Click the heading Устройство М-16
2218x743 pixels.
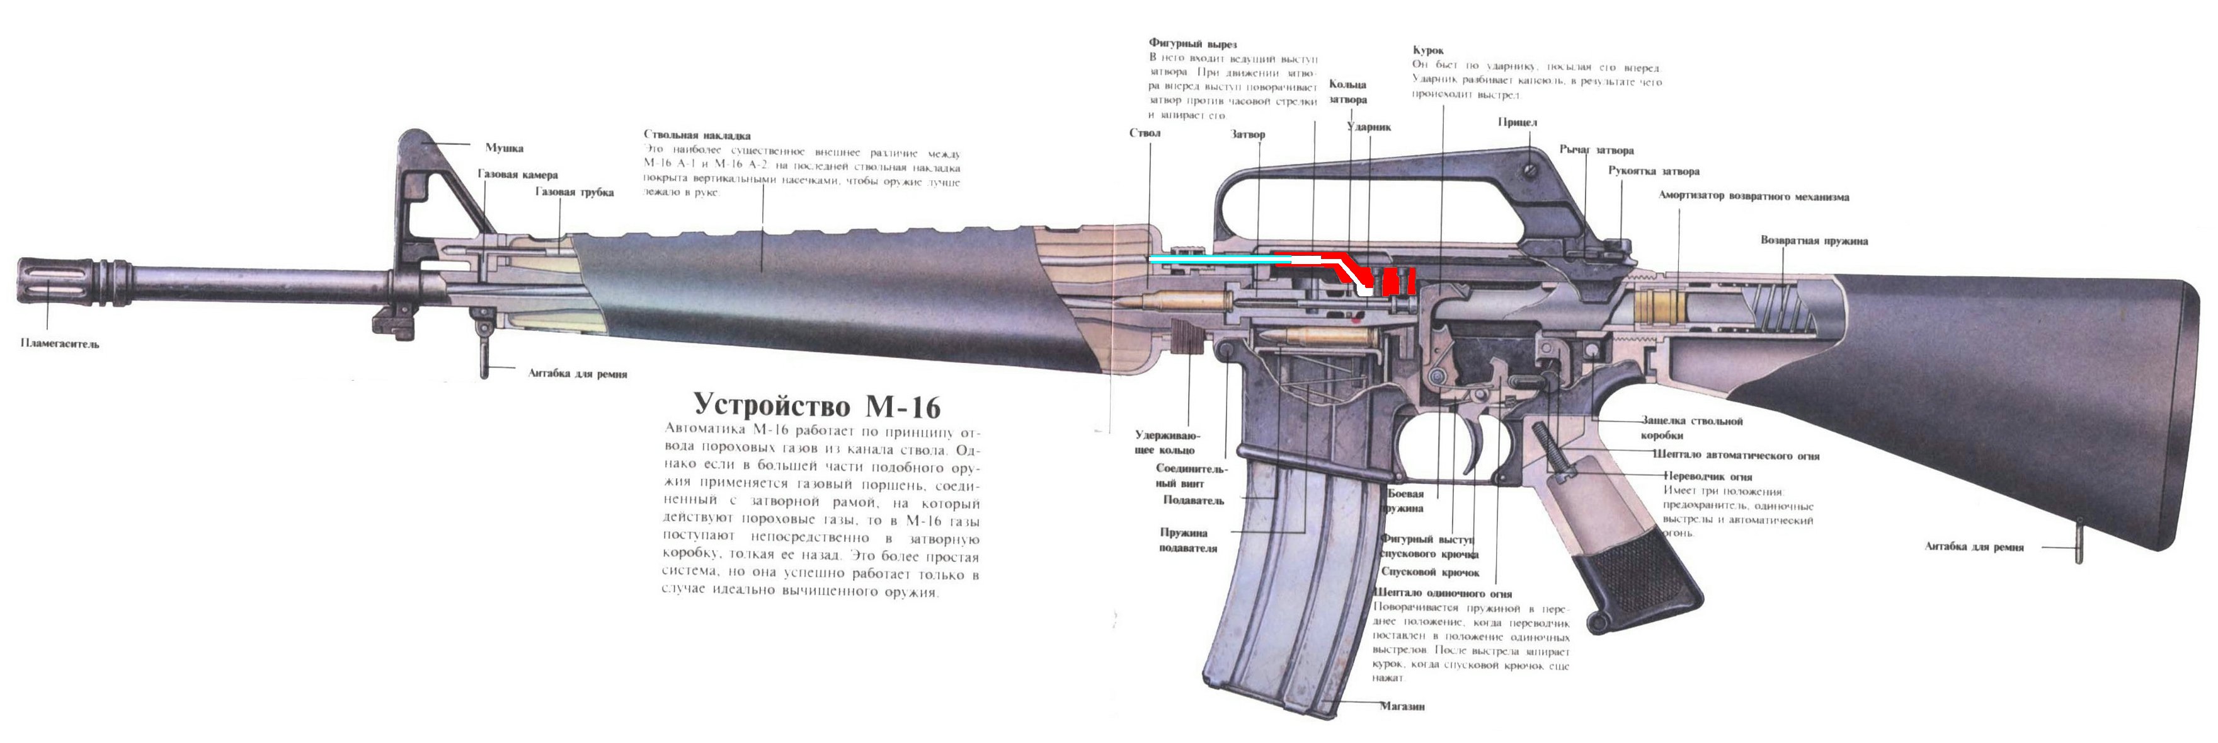[x=817, y=405]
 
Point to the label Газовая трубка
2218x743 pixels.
[x=575, y=192]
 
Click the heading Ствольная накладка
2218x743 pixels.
[x=697, y=135]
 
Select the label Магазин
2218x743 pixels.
[x=1402, y=706]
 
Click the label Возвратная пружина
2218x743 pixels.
[x=1814, y=241]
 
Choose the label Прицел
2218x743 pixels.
[x=1517, y=122]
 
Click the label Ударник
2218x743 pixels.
[x=1368, y=127]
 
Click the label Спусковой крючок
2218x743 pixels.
[x=1429, y=572]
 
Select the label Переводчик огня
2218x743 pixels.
[x=1706, y=476]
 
